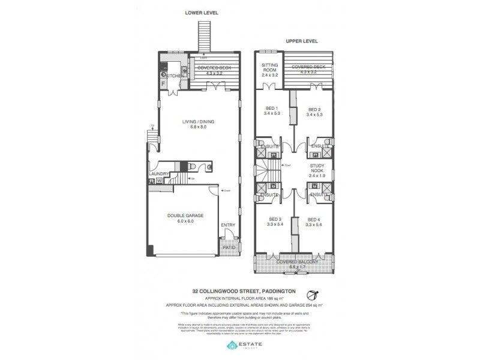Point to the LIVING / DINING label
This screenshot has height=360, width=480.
198,122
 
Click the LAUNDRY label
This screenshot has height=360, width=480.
159,175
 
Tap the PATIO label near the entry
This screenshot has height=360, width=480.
229,247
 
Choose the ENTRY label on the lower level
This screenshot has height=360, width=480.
229,226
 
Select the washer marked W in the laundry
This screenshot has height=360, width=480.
159,181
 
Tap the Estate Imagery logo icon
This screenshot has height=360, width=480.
232,345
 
